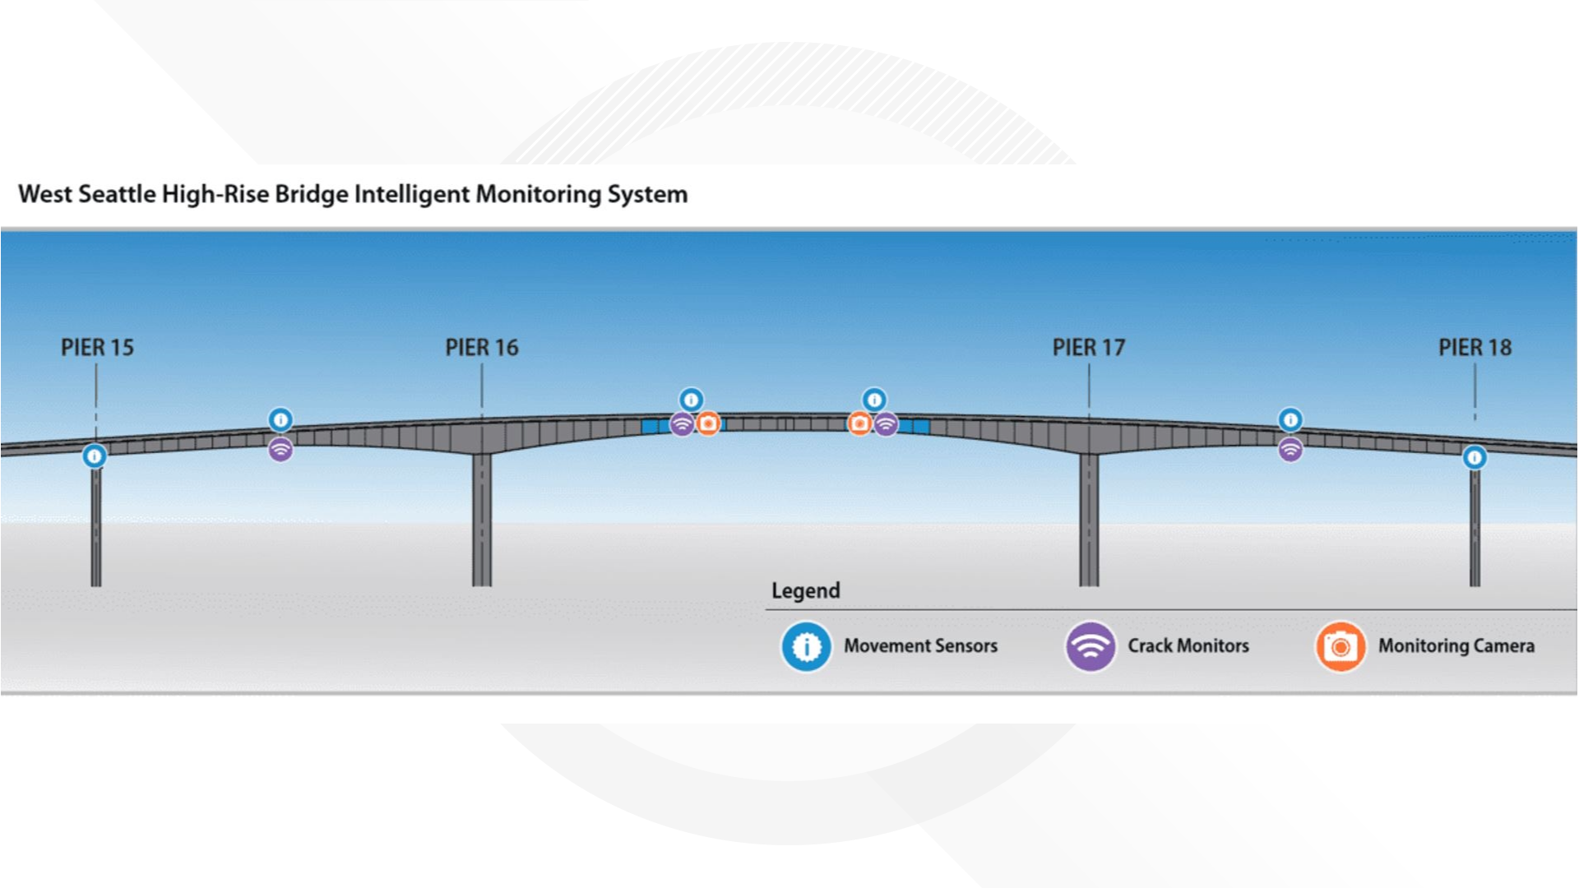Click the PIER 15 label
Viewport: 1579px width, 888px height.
pyautogui.click(x=97, y=348)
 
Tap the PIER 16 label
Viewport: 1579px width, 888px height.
pyautogui.click(x=482, y=348)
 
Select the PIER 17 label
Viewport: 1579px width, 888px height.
pyautogui.click(x=1089, y=348)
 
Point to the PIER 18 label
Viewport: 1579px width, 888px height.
pyautogui.click(x=1475, y=348)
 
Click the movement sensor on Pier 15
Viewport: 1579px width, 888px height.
pyautogui.click(x=95, y=456)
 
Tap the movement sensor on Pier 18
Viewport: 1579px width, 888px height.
pyautogui.click(x=1475, y=457)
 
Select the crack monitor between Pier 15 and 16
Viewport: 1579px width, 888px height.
pyautogui.click(x=280, y=450)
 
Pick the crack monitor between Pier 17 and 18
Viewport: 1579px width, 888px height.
pyautogui.click(x=1290, y=450)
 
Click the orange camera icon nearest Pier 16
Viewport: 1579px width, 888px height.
pyautogui.click(x=708, y=423)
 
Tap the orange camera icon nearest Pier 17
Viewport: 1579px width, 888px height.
pyautogui.click(x=859, y=423)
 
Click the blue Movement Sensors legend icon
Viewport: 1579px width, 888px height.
pyautogui.click(x=806, y=646)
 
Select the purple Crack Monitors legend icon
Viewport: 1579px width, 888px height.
pyautogui.click(x=1090, y=646)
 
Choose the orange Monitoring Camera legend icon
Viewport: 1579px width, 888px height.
pyautogui.click(x=1341, y=646)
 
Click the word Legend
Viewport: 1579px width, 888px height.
pyautogui.click(x=805, y=590)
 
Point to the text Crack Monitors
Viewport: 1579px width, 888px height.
pyautogui.click(x=1188, y=646)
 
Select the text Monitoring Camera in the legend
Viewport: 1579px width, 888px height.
pyautogui.click(x=1456, y=646)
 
